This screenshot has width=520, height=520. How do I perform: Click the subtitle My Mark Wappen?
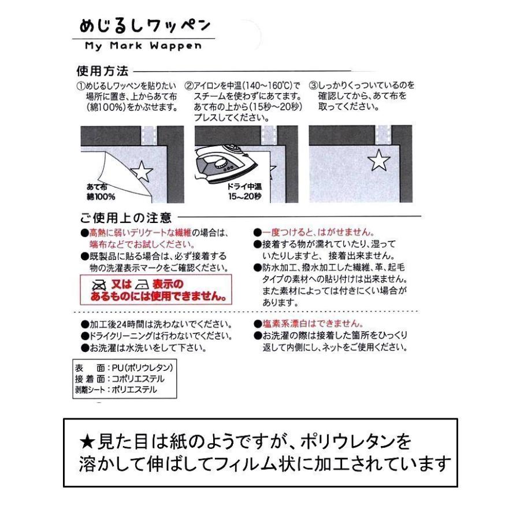(x=143, y=47)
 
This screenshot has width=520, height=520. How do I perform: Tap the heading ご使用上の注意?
(x=125, y=218)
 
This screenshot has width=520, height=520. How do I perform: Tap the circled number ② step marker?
(x=188, y=86)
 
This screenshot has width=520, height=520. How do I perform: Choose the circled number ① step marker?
(x=81, y=86)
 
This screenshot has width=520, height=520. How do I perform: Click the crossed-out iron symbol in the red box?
(x=100, y=285)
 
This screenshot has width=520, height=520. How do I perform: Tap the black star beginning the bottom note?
(x=87, y=442)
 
